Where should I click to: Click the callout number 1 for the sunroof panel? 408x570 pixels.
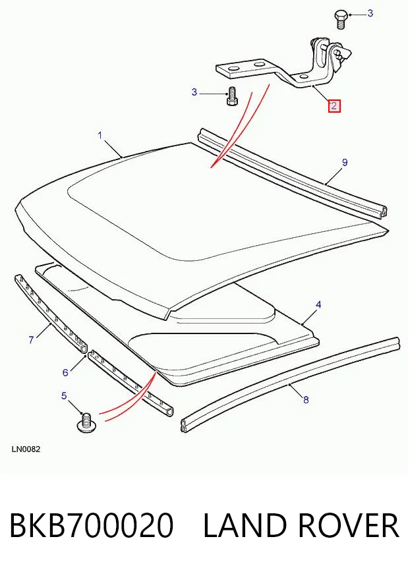[x=100, y=136]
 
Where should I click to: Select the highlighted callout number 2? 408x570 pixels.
[x=334, y=106]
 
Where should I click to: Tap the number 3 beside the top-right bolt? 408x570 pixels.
[x=370, y=13]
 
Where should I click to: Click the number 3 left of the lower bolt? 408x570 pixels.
[x=194, y=92]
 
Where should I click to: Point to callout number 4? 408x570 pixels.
[x=318, y=304]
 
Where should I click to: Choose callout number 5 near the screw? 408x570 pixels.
[x=65, y=395]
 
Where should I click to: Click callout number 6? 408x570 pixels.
[x=65, y=372]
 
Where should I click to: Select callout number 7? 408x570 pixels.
[x=31, y=340]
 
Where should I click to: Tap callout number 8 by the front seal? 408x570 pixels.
[x=306, y=400]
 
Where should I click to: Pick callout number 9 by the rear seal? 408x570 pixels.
[x=345, y=163]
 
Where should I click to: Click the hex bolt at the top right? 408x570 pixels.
[x=340, y=20]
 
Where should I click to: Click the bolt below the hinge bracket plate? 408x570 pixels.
[x=231, y=96]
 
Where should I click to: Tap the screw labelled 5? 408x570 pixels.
[x=86, y=423]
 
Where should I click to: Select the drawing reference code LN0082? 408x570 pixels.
[x=26, y=449]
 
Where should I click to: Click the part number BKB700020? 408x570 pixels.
[x=91, y=525]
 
